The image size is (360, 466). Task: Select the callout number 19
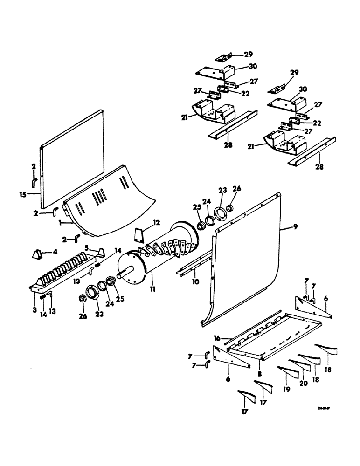286,388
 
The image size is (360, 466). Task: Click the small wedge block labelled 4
36,254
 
